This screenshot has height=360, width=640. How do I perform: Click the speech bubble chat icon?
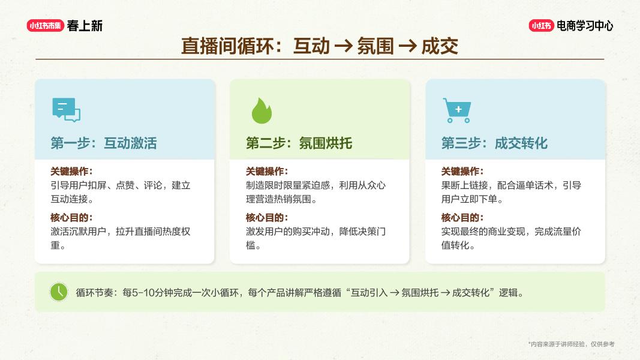66,110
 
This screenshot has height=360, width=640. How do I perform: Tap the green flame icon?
261,110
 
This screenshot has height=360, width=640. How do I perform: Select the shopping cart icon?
456,110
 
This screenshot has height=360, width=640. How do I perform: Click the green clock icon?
59,292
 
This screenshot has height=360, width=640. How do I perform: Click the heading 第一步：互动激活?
104,143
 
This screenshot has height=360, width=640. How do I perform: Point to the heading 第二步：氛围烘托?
299,143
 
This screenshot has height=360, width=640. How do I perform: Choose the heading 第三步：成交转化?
494,143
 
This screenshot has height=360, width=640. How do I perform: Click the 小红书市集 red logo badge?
45,25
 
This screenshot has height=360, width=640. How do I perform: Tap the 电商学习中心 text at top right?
585,26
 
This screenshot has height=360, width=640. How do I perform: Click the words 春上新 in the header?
85,26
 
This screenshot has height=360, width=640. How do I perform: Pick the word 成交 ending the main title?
440,46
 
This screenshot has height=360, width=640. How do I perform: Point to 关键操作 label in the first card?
71,171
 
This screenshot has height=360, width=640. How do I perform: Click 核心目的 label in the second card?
266,217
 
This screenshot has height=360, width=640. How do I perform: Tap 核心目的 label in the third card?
462,217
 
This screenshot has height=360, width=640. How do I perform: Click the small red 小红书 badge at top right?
541,26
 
